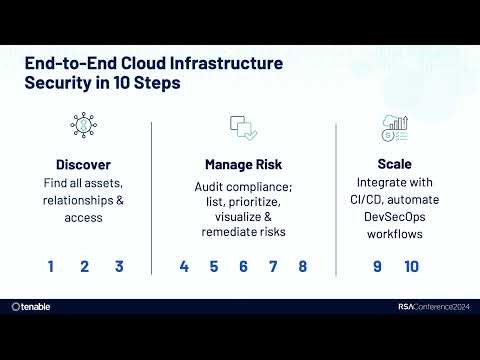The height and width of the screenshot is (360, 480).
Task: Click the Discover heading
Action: [84, 164]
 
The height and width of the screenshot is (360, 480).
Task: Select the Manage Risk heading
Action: [244, 164]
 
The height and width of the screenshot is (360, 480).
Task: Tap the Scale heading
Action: [393, 164]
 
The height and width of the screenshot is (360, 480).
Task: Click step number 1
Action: [50, 267]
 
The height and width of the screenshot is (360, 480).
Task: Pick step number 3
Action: [119, 267]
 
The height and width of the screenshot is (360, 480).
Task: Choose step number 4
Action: [184, 267]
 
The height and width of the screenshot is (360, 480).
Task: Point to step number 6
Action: [243, 267]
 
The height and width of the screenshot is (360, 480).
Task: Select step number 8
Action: [302, 267]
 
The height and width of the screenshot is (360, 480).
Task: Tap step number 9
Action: [377, 267]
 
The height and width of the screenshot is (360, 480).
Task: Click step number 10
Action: [411, 267]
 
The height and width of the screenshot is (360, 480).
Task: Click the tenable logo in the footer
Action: [31, 307]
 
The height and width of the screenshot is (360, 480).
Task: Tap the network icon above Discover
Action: [84, 125]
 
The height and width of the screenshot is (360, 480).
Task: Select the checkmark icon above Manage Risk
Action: [244, 127]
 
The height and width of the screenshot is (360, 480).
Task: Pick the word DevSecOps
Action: [393, 218]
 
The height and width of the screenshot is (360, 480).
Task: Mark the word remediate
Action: [224, 232]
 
